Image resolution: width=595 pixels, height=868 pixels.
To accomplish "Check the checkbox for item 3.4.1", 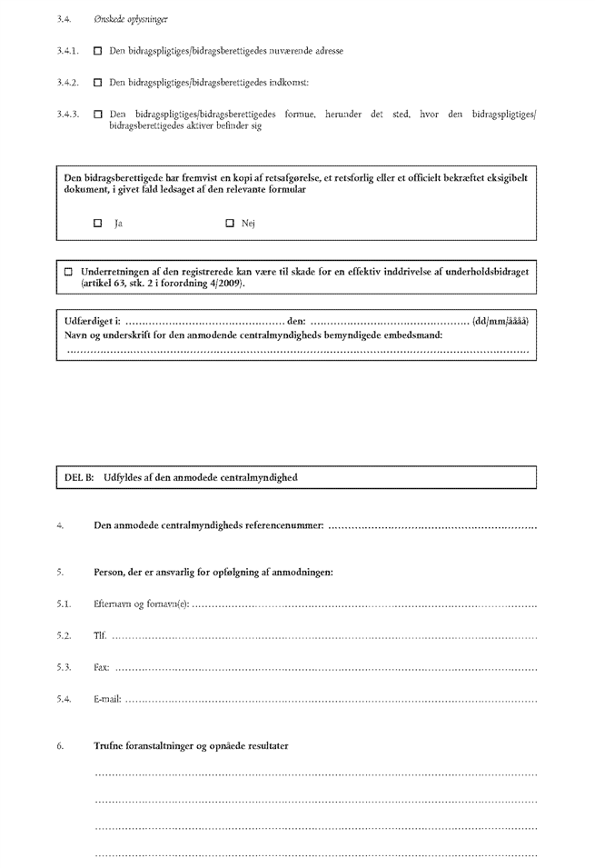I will click(x=98, y=52).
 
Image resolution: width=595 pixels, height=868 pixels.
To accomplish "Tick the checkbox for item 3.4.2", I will click(x=98, y=83).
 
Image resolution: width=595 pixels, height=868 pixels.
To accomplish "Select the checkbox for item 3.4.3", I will click(x=98, y=114).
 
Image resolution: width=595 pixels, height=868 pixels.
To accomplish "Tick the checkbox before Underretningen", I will click(x=68, y=272).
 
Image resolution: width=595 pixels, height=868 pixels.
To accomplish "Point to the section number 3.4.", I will click(x=63, y=19).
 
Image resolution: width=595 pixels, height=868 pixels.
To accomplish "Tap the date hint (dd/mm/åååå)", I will click(x=501, y=320).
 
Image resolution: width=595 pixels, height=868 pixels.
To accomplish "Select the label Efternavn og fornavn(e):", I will click(x=142, y=604).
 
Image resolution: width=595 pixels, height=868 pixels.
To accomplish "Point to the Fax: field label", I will click(x=102, y=667).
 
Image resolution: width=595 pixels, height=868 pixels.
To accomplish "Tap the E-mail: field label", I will click(x=108, y=699).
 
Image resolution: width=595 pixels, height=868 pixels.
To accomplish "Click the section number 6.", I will click(x=60, y=746).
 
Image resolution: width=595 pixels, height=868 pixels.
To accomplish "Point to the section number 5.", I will click(x=60, y=572).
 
